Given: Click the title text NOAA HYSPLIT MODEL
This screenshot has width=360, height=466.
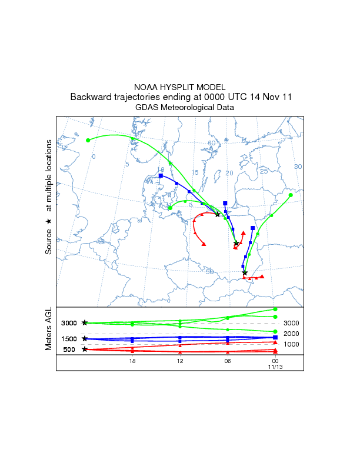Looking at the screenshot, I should click(180, 86).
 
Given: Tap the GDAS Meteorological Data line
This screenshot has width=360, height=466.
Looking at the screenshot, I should click(180, 108).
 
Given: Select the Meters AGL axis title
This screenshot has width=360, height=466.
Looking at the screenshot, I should click(49, 331).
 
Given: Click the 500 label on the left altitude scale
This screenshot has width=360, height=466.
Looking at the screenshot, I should click(69, 349).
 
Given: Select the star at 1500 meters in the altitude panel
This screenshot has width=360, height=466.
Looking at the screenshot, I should click(85, 338).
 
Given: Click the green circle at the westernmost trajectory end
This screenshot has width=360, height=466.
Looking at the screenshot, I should click(88, 140).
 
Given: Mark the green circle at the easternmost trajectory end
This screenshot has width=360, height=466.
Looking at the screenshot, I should click(291, 195).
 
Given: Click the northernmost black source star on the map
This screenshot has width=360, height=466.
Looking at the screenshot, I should click(218, 214).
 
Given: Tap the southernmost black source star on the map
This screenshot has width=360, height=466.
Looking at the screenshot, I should click(245, 272).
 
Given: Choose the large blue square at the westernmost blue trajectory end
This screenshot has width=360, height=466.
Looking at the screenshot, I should click(161, 175).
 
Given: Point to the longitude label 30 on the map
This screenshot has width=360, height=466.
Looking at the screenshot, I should click(298, 167).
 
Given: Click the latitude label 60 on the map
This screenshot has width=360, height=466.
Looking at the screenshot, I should click(211, 144).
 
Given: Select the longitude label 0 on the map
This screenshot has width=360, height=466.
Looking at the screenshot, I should click(94, 157).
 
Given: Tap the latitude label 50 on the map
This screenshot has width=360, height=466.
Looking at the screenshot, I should click(209, 272).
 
